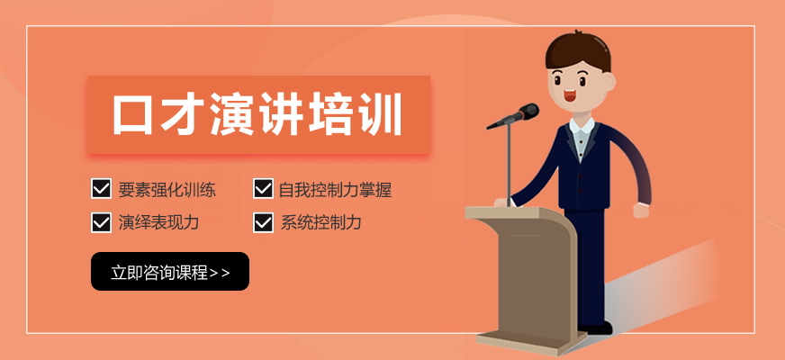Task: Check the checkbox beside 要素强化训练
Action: (101, 189)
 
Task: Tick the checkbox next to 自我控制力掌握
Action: (263, 189)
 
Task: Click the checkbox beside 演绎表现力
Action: (101, 222)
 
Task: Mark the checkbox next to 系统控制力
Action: (263, 222)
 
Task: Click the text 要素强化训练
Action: (167, 190)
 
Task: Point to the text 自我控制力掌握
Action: (336, 190)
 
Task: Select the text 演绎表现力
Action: (158, 222)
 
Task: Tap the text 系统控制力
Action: (320, 222)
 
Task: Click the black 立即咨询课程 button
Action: (170, 272)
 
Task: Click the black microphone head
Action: (528, 112)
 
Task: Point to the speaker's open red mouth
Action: (570, 95)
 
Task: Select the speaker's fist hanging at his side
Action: (641, 211)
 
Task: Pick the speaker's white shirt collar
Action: (582, 125)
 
